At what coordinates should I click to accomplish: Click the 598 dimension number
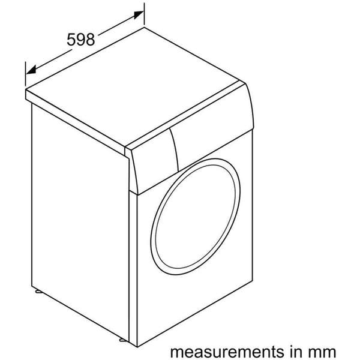point(80,40)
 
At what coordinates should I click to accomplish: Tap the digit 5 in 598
point(71,40)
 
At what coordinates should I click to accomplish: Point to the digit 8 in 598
point(90,40)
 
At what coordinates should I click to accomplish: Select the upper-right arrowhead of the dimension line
point(138,14)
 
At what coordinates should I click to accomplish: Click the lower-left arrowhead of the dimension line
point(31,70)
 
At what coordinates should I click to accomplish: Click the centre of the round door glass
point(196,217)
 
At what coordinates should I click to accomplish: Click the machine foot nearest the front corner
point(124,340)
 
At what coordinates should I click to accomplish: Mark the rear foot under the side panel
point(38,292)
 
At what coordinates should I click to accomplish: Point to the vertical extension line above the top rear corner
point(144,14)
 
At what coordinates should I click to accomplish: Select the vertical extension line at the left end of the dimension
point(25,74)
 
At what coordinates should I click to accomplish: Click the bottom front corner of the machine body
point(137,347)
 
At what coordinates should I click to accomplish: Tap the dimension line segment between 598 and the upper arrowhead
point(117,26)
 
